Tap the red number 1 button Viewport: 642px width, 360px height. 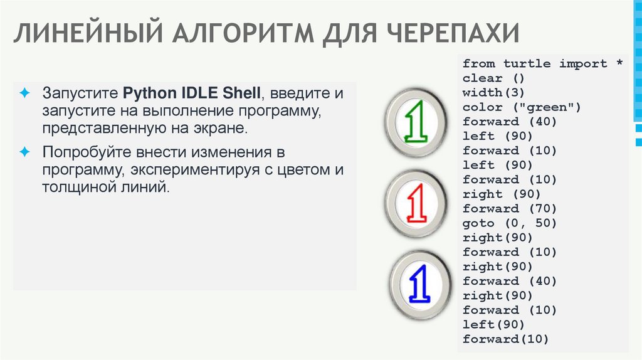click(x=416, y=204)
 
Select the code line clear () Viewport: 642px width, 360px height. click(x=492, y=78)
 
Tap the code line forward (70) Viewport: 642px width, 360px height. click(x=509, y=209)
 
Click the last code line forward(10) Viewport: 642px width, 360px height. click(x=505, y=339)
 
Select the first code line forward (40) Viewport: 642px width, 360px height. click(x=509, y=122)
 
